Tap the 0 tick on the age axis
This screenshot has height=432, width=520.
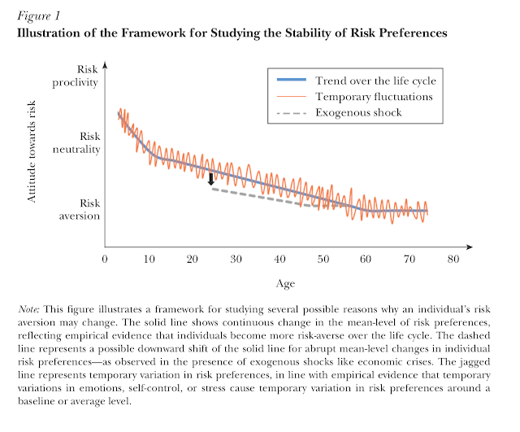pos(106,259)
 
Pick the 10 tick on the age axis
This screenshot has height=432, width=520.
pos(149,259)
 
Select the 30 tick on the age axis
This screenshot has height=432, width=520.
pos(236,259)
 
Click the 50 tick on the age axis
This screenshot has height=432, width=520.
pos(323,259)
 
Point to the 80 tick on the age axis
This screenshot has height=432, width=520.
pos(453,259)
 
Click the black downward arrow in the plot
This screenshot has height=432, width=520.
pos(211,179)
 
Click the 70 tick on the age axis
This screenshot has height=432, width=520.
pos(409,259)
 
